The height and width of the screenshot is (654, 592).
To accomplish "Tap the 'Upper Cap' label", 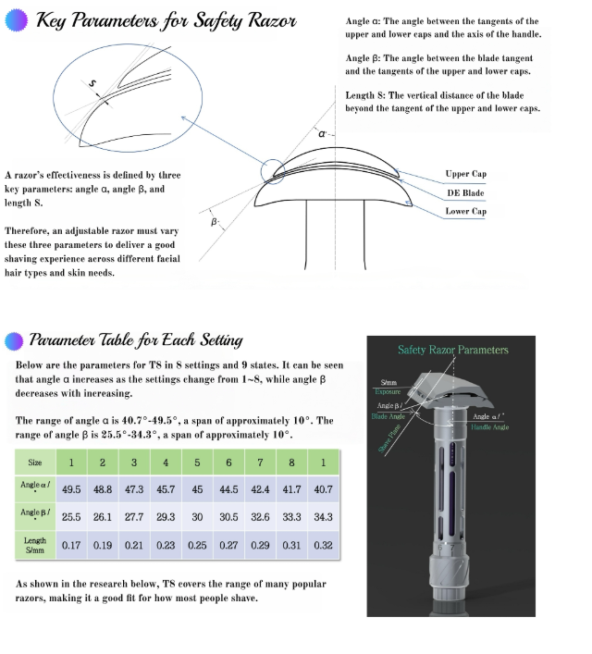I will [465, 174].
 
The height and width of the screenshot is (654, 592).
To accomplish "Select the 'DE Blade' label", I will [464, 192].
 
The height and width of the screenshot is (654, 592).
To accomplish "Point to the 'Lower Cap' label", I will [464, 211].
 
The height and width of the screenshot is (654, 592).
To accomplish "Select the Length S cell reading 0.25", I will [197, 546].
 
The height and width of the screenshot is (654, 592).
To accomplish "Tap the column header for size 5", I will [197, 462].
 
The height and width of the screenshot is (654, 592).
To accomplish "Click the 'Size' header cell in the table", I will [35, 462].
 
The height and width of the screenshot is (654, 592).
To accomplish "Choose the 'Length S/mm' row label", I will [35, 546].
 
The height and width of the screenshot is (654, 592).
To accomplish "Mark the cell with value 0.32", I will [323, 546].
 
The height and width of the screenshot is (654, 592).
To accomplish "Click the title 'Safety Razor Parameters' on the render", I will [453, 350].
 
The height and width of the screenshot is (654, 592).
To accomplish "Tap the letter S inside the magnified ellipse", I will [92, 84].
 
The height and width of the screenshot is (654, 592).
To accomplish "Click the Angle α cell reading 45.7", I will [166, 487].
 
